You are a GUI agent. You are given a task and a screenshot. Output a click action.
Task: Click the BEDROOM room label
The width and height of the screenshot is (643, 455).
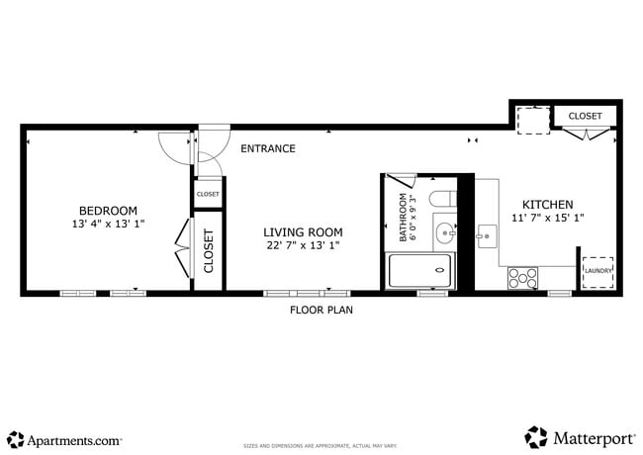pyautogui.click(x=108, y=210)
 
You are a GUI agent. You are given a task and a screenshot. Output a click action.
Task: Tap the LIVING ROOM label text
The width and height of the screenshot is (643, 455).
pyautogui.click(x=302, y=231)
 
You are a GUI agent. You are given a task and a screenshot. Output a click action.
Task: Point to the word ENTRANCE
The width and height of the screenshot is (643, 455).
pyautogui.click(x=268, y=148)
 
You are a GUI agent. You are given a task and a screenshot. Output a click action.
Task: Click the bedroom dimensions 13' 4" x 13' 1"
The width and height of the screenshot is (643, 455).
pyautogui.click(x=108, y=224)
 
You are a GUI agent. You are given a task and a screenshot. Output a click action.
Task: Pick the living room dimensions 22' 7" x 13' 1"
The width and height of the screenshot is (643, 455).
pyautogui.click(x=302, y=245)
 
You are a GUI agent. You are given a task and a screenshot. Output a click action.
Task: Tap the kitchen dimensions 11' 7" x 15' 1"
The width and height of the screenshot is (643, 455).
pyautogui.click(x=547, y=218)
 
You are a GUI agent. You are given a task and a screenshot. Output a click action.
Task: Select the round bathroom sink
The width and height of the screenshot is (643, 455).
pyautogui.click(x=444, y=234)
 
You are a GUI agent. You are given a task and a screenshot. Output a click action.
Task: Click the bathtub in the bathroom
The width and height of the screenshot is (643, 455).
pyautogui.click(x=418, y=271)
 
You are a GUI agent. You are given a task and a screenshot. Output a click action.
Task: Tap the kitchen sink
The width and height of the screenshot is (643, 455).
pyautogui.click(x=487, y=236)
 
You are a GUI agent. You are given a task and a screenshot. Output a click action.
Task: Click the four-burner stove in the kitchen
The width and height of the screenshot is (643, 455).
pyautogui.click(x=522, y=278)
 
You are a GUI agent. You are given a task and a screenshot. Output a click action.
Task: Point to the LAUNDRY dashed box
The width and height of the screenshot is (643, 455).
pyautogui.click(x=597, y=271)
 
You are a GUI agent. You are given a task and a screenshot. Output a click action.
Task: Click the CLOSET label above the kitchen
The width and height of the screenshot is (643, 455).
pyautogui.click(x=585, y=116)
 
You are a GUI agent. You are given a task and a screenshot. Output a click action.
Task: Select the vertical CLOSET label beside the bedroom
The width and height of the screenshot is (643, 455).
pyautogui.click(x=208, y=250)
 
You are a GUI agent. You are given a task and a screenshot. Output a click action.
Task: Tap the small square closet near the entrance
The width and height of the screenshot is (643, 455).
pyautogui.click(x=208, y=194)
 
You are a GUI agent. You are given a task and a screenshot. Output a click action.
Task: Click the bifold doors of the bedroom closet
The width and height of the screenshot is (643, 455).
pyautogui.click(x=181, y=248)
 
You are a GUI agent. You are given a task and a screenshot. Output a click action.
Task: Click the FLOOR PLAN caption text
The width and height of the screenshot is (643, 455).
pyautogui.click(x=321, y=310)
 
